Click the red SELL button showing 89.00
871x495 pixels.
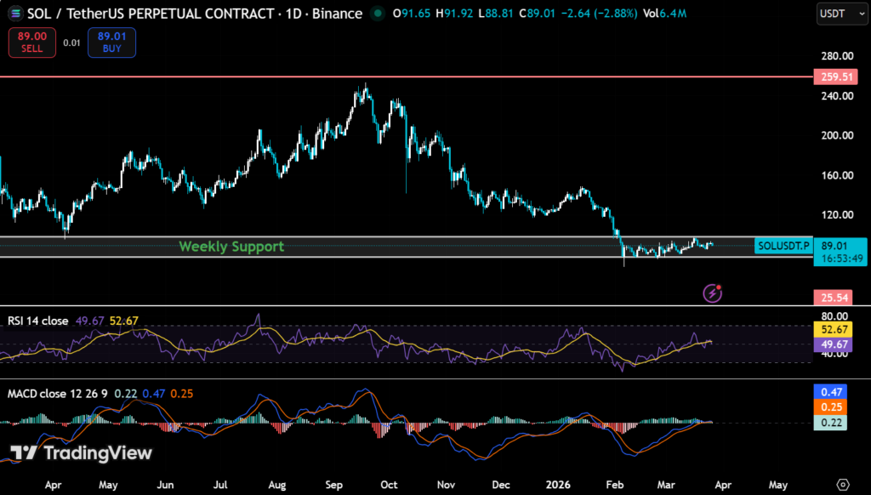(32, 42)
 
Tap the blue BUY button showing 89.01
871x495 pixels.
(111, 42)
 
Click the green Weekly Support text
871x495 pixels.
(231, 247)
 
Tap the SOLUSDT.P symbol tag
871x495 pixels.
(783, 246)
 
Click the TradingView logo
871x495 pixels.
(81, 452)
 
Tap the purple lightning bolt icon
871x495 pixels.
(713, 293)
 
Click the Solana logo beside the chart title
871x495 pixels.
(14, 14)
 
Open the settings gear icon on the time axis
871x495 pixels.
(842, 483)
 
